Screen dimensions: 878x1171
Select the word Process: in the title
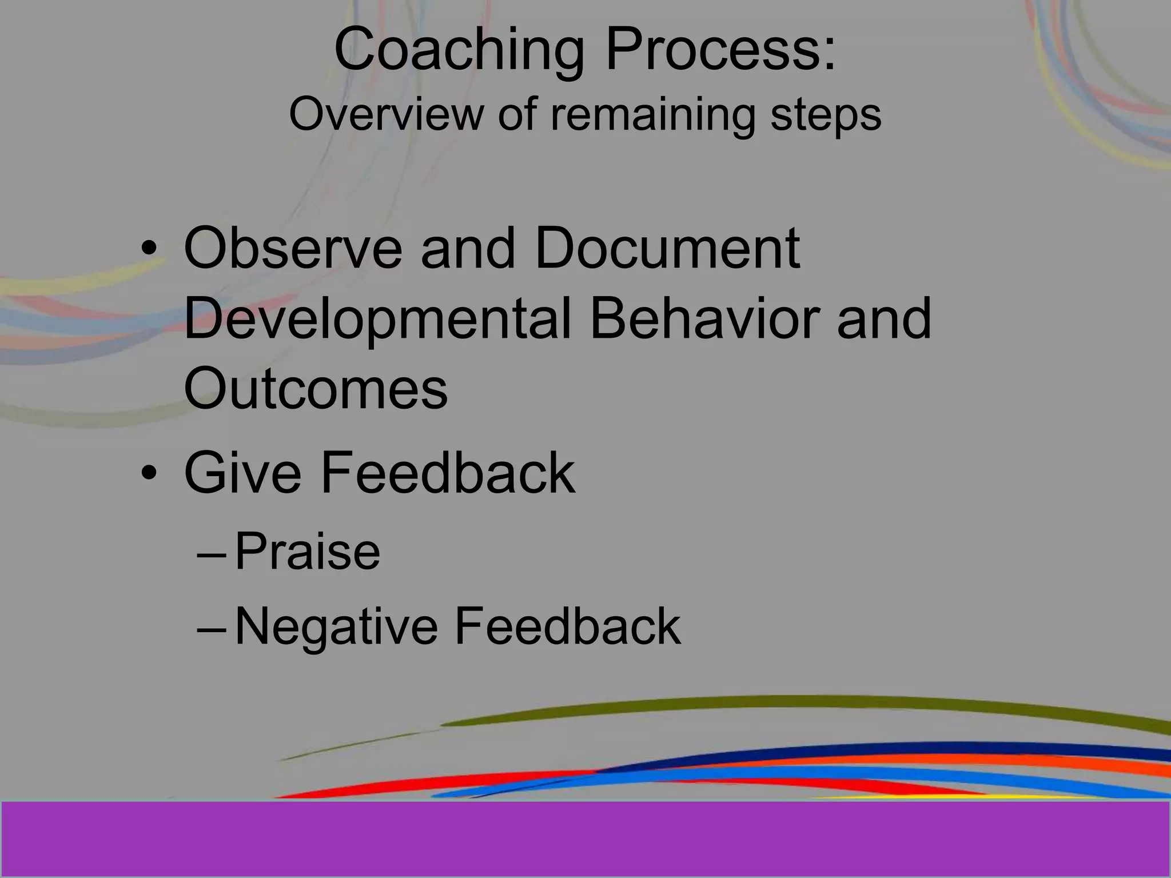(x=720, y=51)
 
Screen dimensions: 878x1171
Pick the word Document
(x=667, y=249)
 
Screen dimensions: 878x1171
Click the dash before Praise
(x=212, y=554)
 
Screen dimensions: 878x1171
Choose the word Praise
(x=307, y=552)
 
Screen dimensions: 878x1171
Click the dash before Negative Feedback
(x=212, y=628)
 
